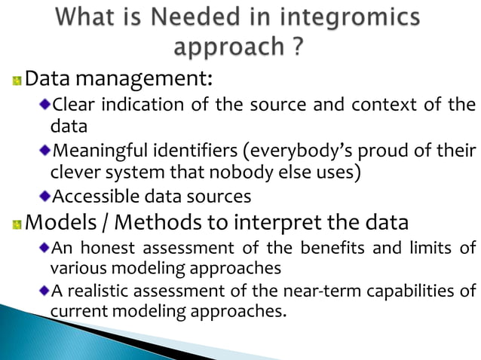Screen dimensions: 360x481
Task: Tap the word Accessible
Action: [x=90, y=198]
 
